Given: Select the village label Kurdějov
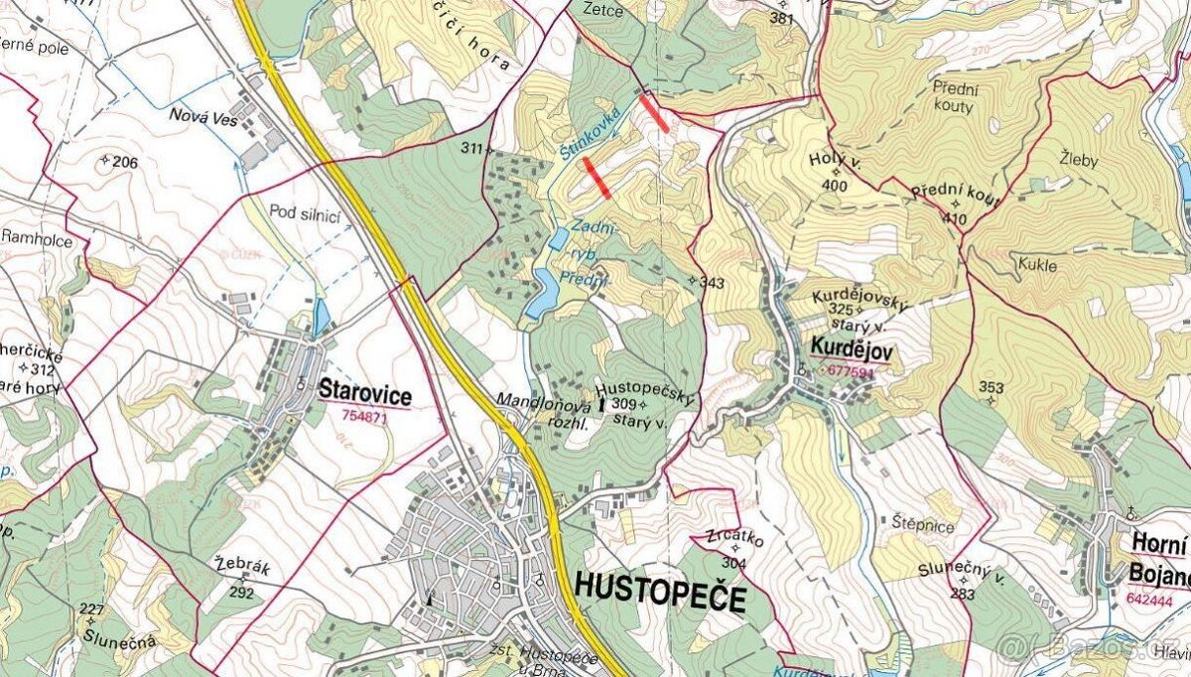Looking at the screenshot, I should (x=852, y=348).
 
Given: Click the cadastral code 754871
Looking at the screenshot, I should (x=363, y=417).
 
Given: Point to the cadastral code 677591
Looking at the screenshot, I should (x=849, y=372).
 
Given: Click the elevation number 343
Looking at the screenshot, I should (x=712, y=284).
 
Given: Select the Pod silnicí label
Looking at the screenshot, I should (x=305, y=211).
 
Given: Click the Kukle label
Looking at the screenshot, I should (x=1037, y=266).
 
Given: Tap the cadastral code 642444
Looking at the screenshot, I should (x=1149, y=600).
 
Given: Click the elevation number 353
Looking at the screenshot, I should (x=991, y=387).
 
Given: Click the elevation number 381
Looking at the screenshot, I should (x=782, y=19).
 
